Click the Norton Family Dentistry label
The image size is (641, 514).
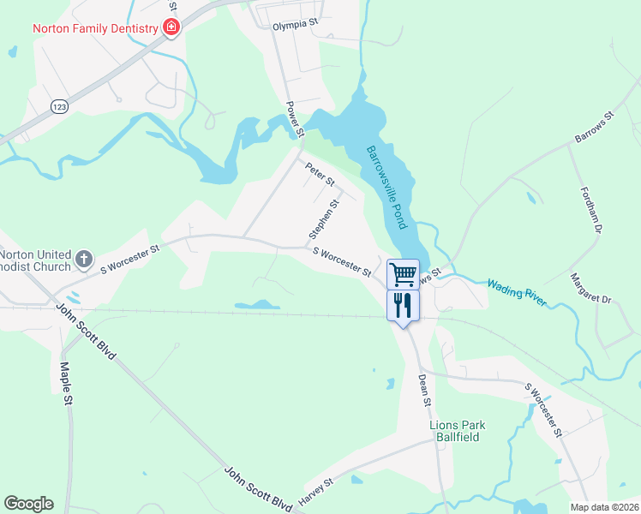point(95,28)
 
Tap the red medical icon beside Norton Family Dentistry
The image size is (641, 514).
point(171,27)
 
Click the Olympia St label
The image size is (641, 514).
point(296,27)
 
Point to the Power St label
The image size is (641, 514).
point(294,119)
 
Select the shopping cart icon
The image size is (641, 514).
point(403,274)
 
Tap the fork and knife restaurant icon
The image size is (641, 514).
point(403,304)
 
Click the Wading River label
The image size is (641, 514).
point(517,292)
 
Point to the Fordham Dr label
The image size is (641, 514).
point(591,211)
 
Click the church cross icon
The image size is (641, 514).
point(84,259)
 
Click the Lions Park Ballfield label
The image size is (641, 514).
point(457,431)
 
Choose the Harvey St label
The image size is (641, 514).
point(315,492)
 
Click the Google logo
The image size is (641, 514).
point(28,504)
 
